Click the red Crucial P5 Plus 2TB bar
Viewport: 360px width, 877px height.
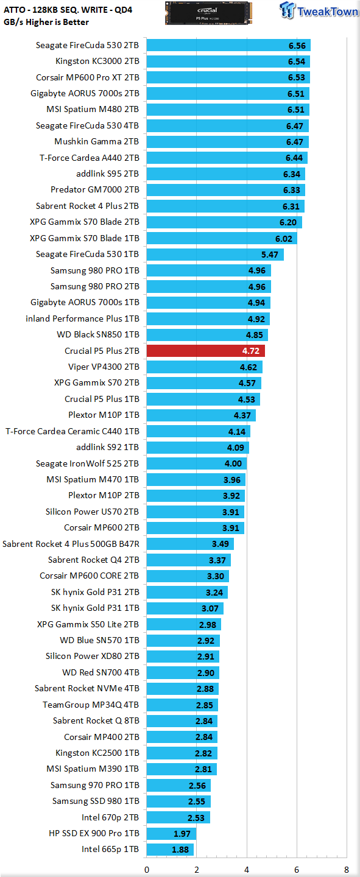click(x=206, y=351)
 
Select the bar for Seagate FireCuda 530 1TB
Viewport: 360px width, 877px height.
click(x=215, y=255)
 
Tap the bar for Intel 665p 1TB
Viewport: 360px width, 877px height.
click(x=170, y=850)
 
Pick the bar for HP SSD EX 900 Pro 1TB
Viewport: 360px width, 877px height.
click(x=171, y=834)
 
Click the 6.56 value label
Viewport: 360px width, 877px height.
click(x=297, y=46)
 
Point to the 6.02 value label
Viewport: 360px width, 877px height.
click(x=284, y=239)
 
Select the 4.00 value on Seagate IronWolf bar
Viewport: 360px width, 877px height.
click(x=233, y=463)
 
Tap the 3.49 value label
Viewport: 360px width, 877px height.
click(x=221, y=544)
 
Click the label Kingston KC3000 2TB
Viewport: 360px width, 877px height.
click(x=97, y=61)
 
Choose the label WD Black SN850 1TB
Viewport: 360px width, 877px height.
click(x=98, y=334)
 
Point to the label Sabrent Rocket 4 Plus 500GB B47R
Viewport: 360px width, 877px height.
click(x=71, y=544)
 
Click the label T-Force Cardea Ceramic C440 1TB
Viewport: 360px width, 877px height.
click(x=72, y=431)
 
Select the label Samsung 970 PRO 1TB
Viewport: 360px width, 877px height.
click(x=95, y=785)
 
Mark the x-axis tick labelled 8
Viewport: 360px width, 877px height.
click(x=346, y=870)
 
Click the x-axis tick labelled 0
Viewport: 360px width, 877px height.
click(x=147, y=870)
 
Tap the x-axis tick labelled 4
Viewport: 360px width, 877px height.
click(x=247, y=870)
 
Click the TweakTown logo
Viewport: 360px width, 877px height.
click(x=319, y=10)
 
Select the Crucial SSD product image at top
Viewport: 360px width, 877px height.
click(x=208, y=13)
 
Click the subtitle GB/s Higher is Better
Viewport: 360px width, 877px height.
click(x=46, y=22)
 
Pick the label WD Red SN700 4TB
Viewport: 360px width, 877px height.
click(x=101, y=672)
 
